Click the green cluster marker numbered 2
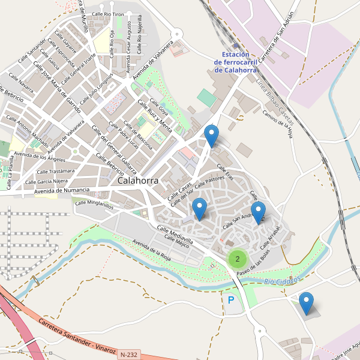[x=238, y=259]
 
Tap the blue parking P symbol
[x=231, y=299]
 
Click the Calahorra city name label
[x=138, y=180]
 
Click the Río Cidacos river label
[x=281, y=281]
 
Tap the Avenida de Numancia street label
[x=62, y=191]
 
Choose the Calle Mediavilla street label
[x=175, y=235]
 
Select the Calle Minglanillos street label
[x=94, y=204]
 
